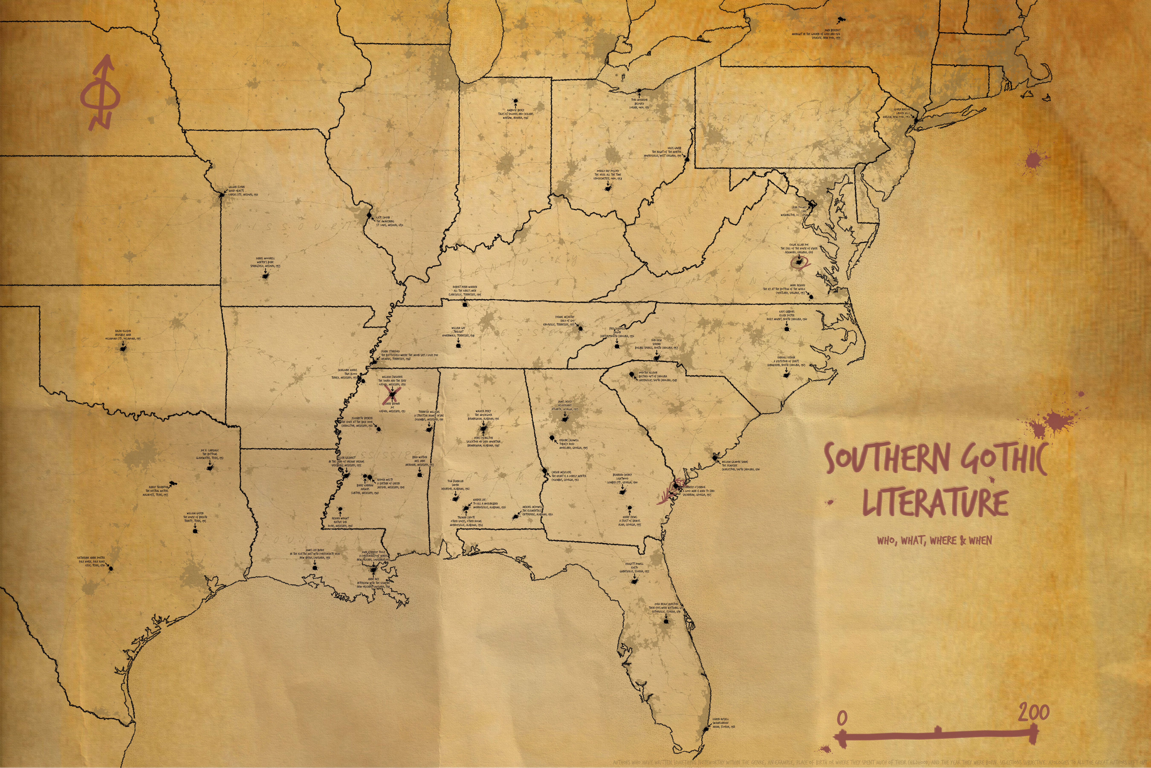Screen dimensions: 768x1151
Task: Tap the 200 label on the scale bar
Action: [x=1034, y=713]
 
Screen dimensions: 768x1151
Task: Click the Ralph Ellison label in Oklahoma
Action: [x=123, y=331]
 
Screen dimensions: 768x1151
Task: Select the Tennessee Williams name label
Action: [x=429, y=412]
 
